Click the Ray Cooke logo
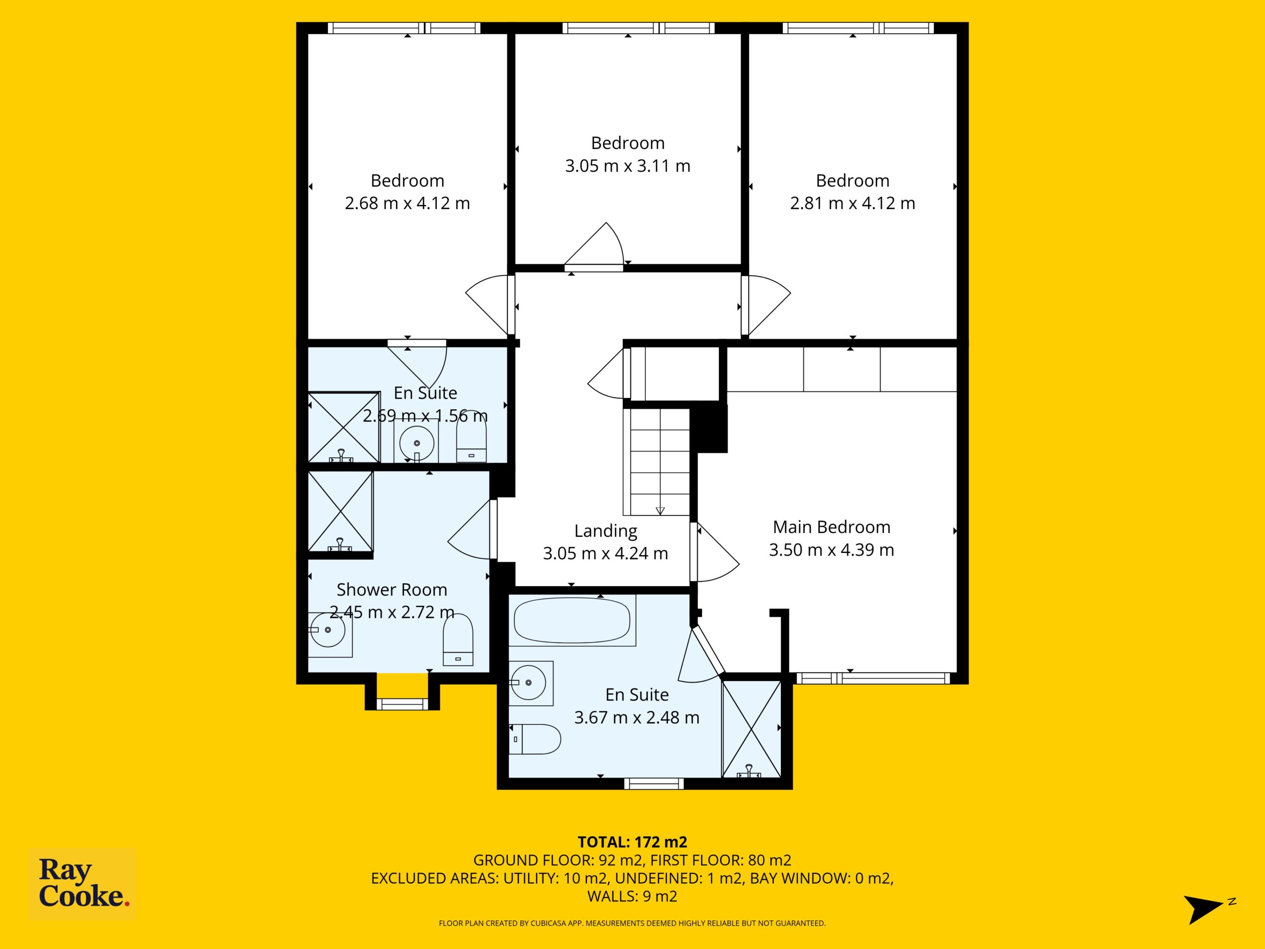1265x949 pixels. [83, 884]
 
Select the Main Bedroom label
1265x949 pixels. [832, 527]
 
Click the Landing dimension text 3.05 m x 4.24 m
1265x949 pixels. [605, 553]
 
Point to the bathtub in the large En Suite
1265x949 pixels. [572, 620]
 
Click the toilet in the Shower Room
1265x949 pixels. [458, 640]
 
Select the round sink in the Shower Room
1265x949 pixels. [328, 630]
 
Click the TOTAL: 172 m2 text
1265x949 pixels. [632, 842]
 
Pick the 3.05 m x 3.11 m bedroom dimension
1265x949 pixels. [628, 166]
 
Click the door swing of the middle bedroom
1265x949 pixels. [595, 245]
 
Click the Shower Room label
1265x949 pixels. [391, 589]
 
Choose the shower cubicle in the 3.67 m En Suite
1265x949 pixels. [752, 728]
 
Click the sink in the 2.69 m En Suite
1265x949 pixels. [417, 443]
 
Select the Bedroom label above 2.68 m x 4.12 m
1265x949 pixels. [407, 181]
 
